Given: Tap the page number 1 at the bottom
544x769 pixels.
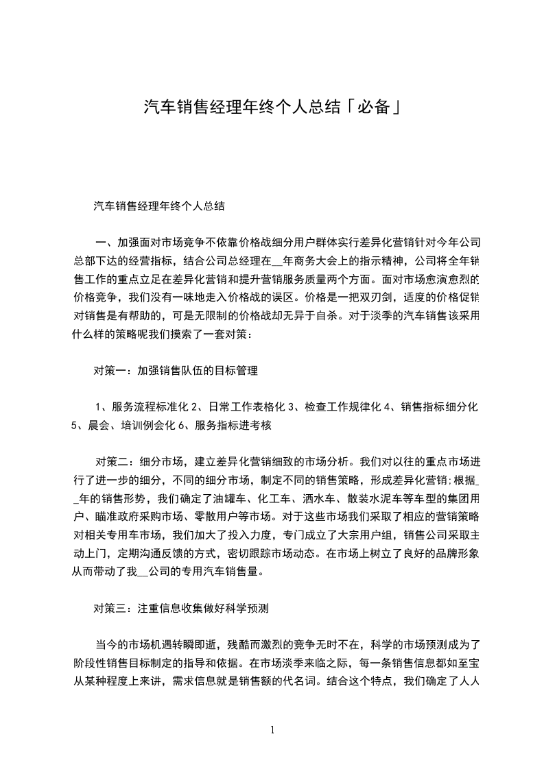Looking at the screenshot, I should (x=272, y=729).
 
